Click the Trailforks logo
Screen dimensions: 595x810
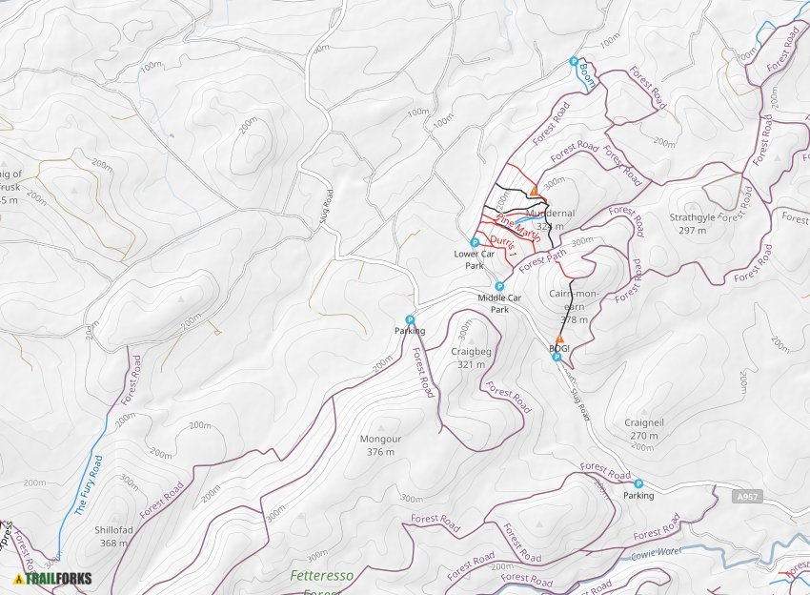pyautogui.click(x=53, y=578)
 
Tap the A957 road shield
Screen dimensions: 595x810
pyautogui.click(x=750, y=497)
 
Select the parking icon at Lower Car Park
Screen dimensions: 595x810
pyautogui.click(x=475, y=243)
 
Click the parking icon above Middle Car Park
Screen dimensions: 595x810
pyautogui.click(x=498, y=286)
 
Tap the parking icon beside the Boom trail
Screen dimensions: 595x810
pyautogui.click(x=574, y=61)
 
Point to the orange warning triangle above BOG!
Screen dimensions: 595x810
pyautogui.click(x=559, y=339)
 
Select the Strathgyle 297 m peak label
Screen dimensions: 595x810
pyautogui.click(x=693, y=223)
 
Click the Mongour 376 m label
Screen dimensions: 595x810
pyautogui.click(x=380, y=445)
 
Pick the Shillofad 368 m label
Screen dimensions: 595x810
pyautogui.click(x=113, y=537)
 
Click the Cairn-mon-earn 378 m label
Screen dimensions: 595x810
pyautogui.click(x=575, y=306)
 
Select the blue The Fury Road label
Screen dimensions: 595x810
pyautogui.click(x=88, y=485)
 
